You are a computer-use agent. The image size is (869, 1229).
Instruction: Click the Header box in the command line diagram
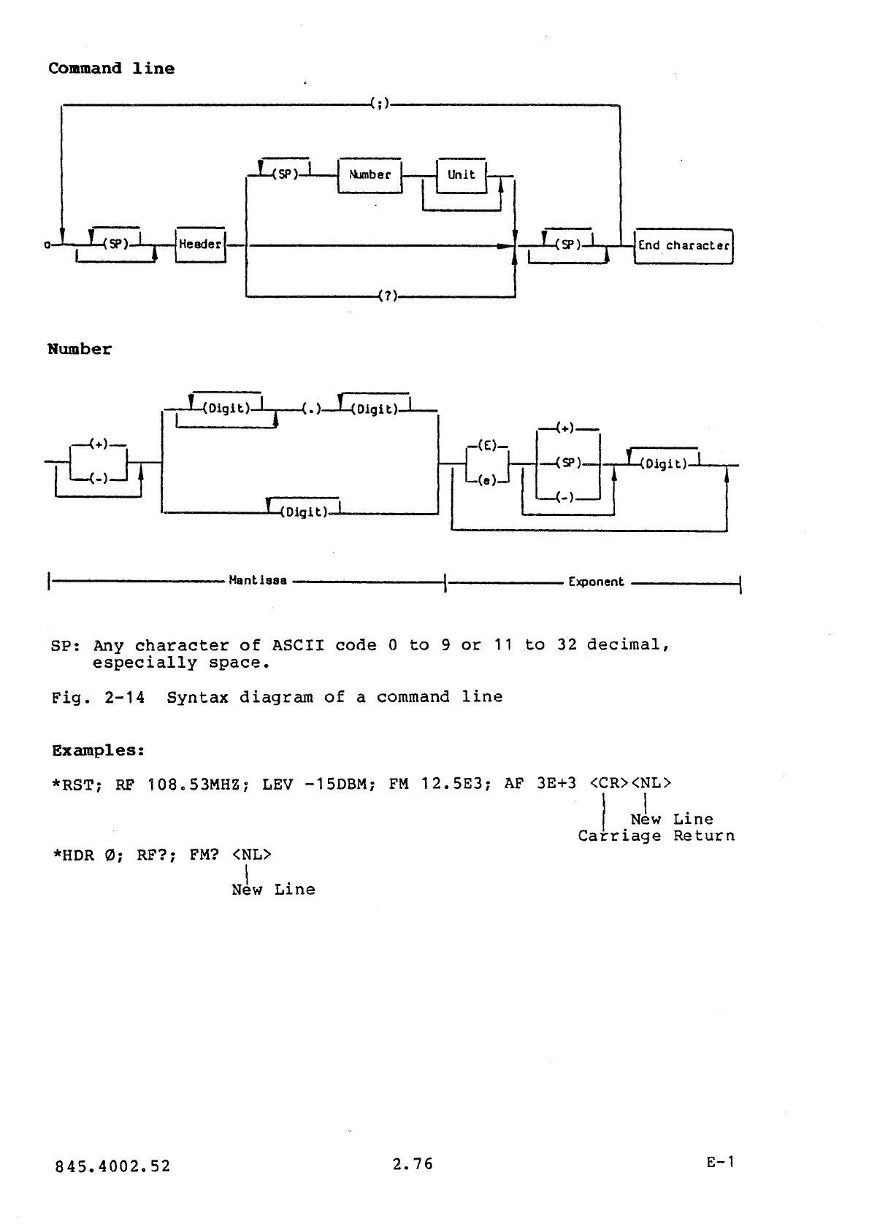click(x=201, y=244)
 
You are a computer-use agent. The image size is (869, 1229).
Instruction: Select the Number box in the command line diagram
click(x=370, y=175)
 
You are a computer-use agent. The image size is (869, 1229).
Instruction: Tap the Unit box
click(x=461, y=175)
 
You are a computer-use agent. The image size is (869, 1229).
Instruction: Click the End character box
click(x=684, y=245)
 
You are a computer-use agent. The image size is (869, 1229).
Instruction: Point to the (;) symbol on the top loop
click(x=379, y=105)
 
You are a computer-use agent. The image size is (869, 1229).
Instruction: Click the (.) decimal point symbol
click(x=313, y=409)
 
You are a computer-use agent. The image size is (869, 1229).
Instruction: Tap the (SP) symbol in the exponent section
click(x=568, y=463)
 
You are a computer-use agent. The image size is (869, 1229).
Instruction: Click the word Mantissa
click(x=258, y=582)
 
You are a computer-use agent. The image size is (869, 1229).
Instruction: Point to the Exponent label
click(x=596, y=582)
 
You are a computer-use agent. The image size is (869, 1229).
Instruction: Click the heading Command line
click(x=112, y=69)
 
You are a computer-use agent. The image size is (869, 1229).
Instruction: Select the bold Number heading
click(x=80, y=349)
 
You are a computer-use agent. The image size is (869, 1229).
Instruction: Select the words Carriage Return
click(x=656, y=836)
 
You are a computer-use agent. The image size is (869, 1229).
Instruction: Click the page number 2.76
click(x=413, y=1165)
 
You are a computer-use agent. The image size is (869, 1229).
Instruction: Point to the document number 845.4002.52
click(x=112, y=1166)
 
